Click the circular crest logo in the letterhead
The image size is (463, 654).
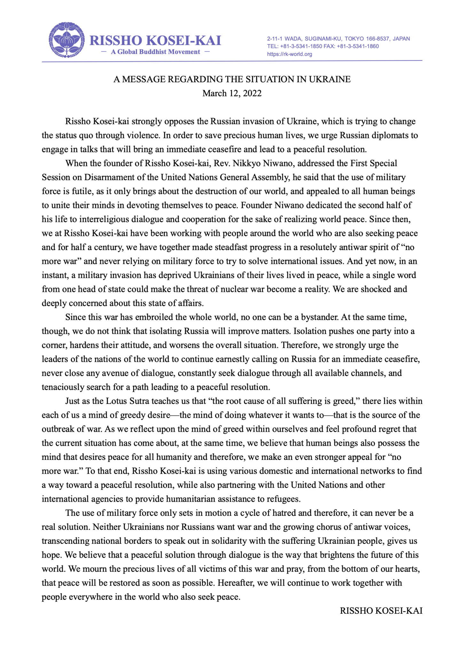(x=67, y=40)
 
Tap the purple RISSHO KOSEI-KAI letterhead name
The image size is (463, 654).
(x=155, y=41)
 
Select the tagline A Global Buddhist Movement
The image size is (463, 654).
(x=155, y=52)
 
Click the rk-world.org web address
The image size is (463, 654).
(x=289, y=54)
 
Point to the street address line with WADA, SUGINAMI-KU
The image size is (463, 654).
(x=338, y=39)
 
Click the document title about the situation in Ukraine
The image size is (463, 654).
(x=232, y=79)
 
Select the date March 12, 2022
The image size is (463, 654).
(x=232, y=93)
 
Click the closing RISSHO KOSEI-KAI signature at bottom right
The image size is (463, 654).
(x=381, y=611)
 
